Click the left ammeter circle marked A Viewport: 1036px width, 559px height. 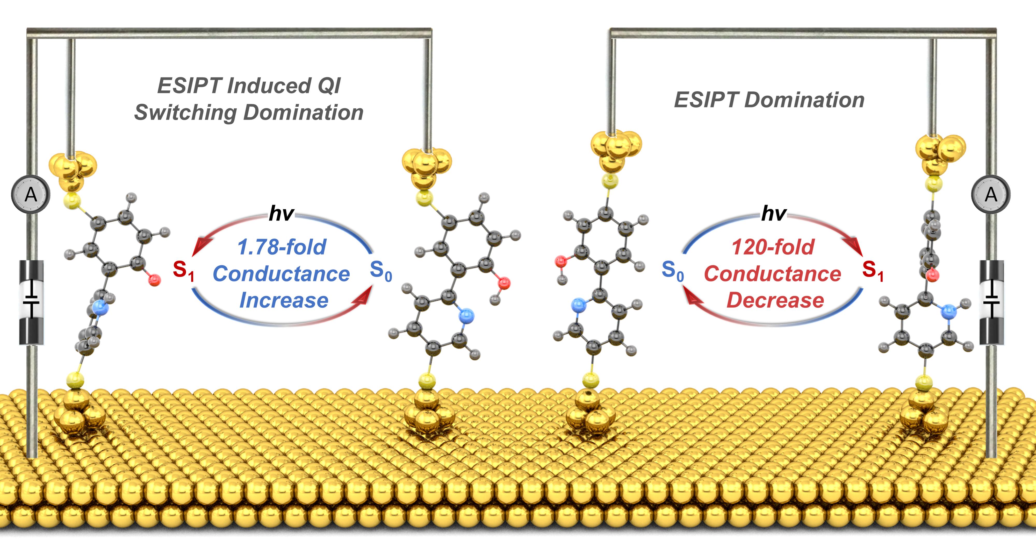point(31,195)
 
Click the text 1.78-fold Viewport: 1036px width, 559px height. point(282,247)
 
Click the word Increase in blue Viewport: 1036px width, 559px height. point(284,300)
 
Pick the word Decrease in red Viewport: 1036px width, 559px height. point(775,300)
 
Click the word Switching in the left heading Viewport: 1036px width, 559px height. point(186,112)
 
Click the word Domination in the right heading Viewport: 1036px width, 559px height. point(804,100)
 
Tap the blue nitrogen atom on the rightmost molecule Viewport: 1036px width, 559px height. point(948,311)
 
